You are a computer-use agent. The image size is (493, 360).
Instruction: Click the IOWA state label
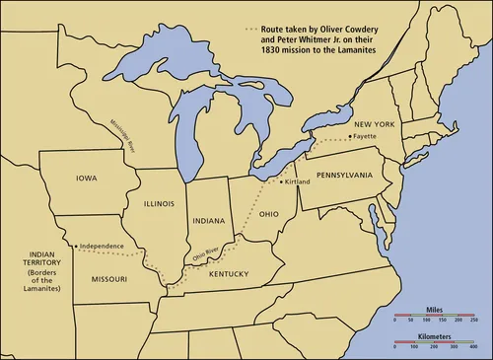click(x=86, y=179)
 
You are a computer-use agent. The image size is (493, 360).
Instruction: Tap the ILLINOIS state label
click(x=159, y=204)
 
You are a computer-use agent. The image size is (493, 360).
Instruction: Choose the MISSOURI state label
click(x=108, y=279)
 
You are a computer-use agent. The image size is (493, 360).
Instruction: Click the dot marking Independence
click(x=76, y=246)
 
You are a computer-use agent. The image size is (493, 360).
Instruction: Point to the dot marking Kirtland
click(x=282, y=182)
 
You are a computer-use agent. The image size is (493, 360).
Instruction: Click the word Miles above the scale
click(x=435, y=308)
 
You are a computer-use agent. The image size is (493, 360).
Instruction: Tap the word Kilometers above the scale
click(x=435, y=336)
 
